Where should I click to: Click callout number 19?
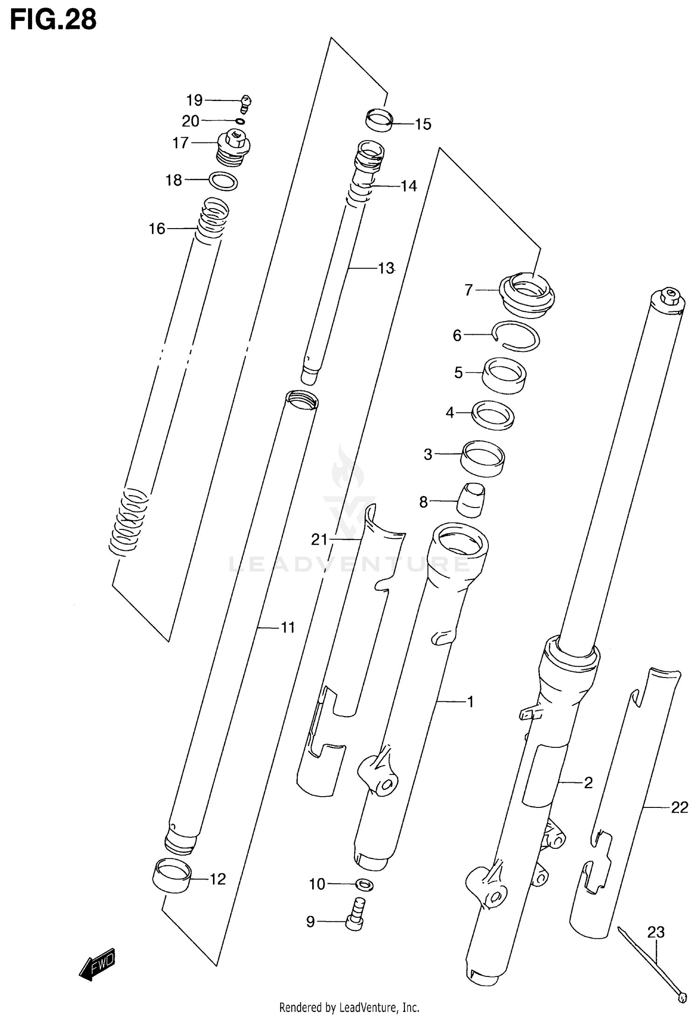(x=194, y=100)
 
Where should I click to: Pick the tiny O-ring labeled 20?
(x=240, y=122)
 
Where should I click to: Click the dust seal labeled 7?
(x=528, y=296)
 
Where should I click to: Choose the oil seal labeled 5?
(x=504, y=375)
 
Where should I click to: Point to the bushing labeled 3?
(x=483, y=458)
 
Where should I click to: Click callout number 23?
(x=655, y=932)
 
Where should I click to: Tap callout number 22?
(x=679, y=807)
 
